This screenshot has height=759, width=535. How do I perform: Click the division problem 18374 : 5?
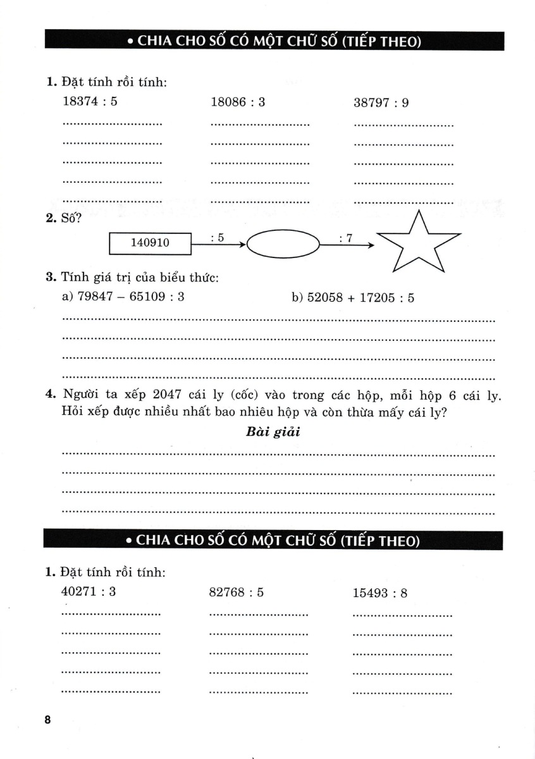click(x=90, y=102)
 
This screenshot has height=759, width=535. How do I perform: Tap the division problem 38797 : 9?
click(x=381, y=102)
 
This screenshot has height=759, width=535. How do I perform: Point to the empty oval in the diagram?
click(x=282, y=243)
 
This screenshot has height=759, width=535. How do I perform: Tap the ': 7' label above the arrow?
click(x=345, y=238)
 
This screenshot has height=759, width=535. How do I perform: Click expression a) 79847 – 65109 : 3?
click(x=123, y=296)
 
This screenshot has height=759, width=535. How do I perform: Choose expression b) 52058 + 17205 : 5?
click(x=353, y=297)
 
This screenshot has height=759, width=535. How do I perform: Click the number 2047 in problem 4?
click(x=168, y=395)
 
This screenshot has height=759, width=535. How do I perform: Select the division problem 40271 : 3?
click(x=89, y=592)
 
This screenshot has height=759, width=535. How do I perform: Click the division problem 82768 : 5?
click(x=236, y=593)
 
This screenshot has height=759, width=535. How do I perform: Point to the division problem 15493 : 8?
click(x=379, y=593)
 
